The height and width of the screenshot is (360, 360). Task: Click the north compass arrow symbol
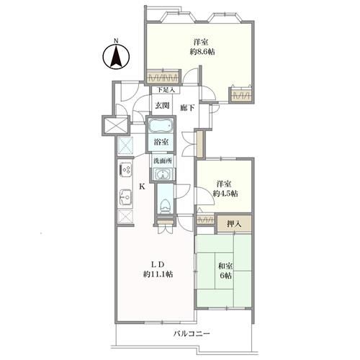(116, 57)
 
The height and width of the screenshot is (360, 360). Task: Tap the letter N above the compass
(116, 41)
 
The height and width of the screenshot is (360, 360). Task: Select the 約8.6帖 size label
(202, 52)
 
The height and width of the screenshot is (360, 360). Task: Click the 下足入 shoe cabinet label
(166, 90)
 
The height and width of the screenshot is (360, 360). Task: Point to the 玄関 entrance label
(162, 105)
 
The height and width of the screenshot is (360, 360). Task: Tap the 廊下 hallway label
(187, 108)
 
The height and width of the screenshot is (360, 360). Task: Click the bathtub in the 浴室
(161, 125)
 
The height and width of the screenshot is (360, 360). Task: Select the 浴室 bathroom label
(161, 142)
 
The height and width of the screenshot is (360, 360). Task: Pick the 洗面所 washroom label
(163, 161)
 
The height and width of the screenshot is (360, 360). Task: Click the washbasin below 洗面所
(163, 174)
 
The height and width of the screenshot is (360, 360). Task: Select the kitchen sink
(125, 197)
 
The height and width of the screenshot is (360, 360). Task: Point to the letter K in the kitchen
(143, 186)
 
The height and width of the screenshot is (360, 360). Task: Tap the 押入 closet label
(234, 224)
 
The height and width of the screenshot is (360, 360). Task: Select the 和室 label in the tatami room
(225, 266)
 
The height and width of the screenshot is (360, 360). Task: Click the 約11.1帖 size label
(158, 274)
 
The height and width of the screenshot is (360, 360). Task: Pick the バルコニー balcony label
(192, 333)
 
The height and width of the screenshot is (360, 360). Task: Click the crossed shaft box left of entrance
(116, 125)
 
